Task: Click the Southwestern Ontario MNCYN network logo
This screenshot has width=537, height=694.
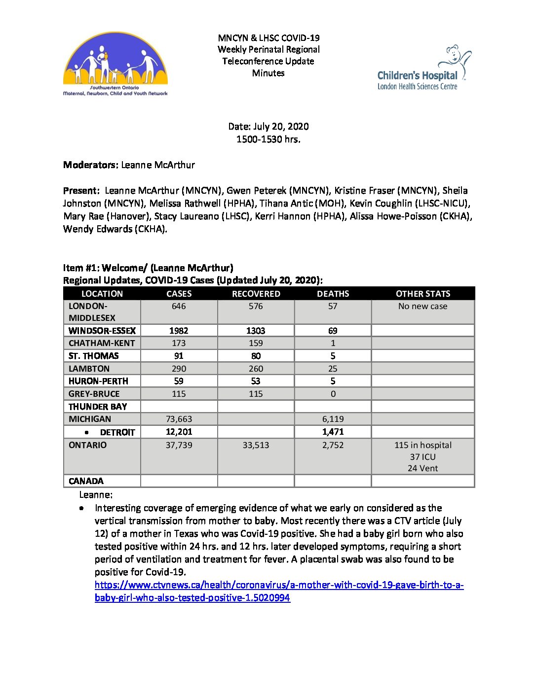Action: point(115,64)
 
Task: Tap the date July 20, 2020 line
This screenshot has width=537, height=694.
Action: point(268,126)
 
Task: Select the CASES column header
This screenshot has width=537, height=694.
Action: point(179,294)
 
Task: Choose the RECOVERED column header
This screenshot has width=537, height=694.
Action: point(256,294)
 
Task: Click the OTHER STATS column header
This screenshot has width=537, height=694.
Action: point(422,294)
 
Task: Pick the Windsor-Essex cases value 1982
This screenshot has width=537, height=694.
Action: point(179,331)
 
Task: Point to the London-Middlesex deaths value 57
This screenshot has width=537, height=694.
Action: point(333,306)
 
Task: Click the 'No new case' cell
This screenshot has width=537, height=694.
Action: point(422,306)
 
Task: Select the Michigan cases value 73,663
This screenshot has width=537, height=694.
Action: point(179,419)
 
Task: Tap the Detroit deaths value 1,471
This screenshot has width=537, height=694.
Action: point(333,432)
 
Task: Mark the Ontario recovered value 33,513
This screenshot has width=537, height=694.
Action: point(256,445)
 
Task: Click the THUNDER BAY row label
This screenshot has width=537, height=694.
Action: point(98,407)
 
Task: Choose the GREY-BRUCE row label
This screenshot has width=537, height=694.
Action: point(94,394)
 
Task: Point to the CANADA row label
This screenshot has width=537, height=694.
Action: point(86,481)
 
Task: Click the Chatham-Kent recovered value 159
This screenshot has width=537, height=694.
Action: point(256,343)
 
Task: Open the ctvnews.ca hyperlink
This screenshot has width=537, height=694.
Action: point(279,585)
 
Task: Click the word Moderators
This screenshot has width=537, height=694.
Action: point(90,165)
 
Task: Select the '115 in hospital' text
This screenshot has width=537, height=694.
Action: point(422,445)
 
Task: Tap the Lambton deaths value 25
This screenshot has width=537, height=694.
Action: point(333,369)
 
